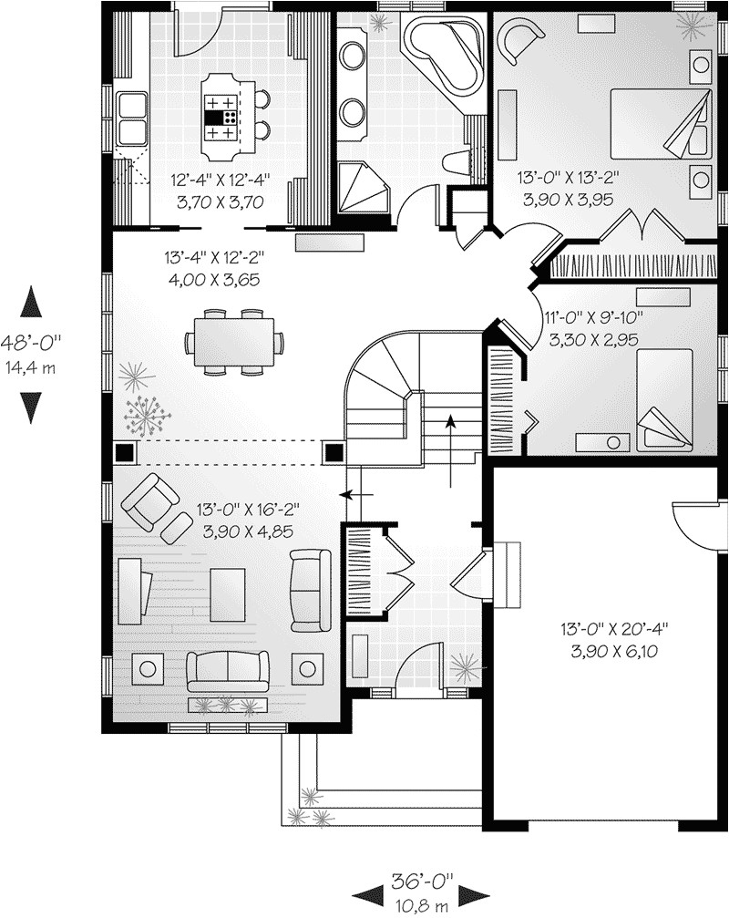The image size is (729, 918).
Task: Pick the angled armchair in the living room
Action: pos(151,500)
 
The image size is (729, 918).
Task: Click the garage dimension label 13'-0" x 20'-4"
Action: pos(614,628)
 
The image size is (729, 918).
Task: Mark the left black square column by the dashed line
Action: pos(123,451)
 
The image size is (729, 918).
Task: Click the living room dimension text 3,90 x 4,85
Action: pos(241,530)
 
